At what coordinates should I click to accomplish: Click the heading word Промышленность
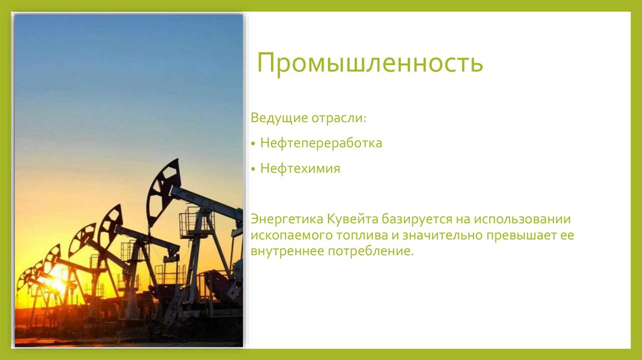[370, 64]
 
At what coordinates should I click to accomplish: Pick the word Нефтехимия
[300, 169]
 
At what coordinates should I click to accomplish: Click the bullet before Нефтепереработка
[253, 144]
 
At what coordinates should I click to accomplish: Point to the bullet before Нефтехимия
[253, 169]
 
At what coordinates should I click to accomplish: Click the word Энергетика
[287, 220]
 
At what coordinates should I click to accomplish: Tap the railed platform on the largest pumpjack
[196, 223]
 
